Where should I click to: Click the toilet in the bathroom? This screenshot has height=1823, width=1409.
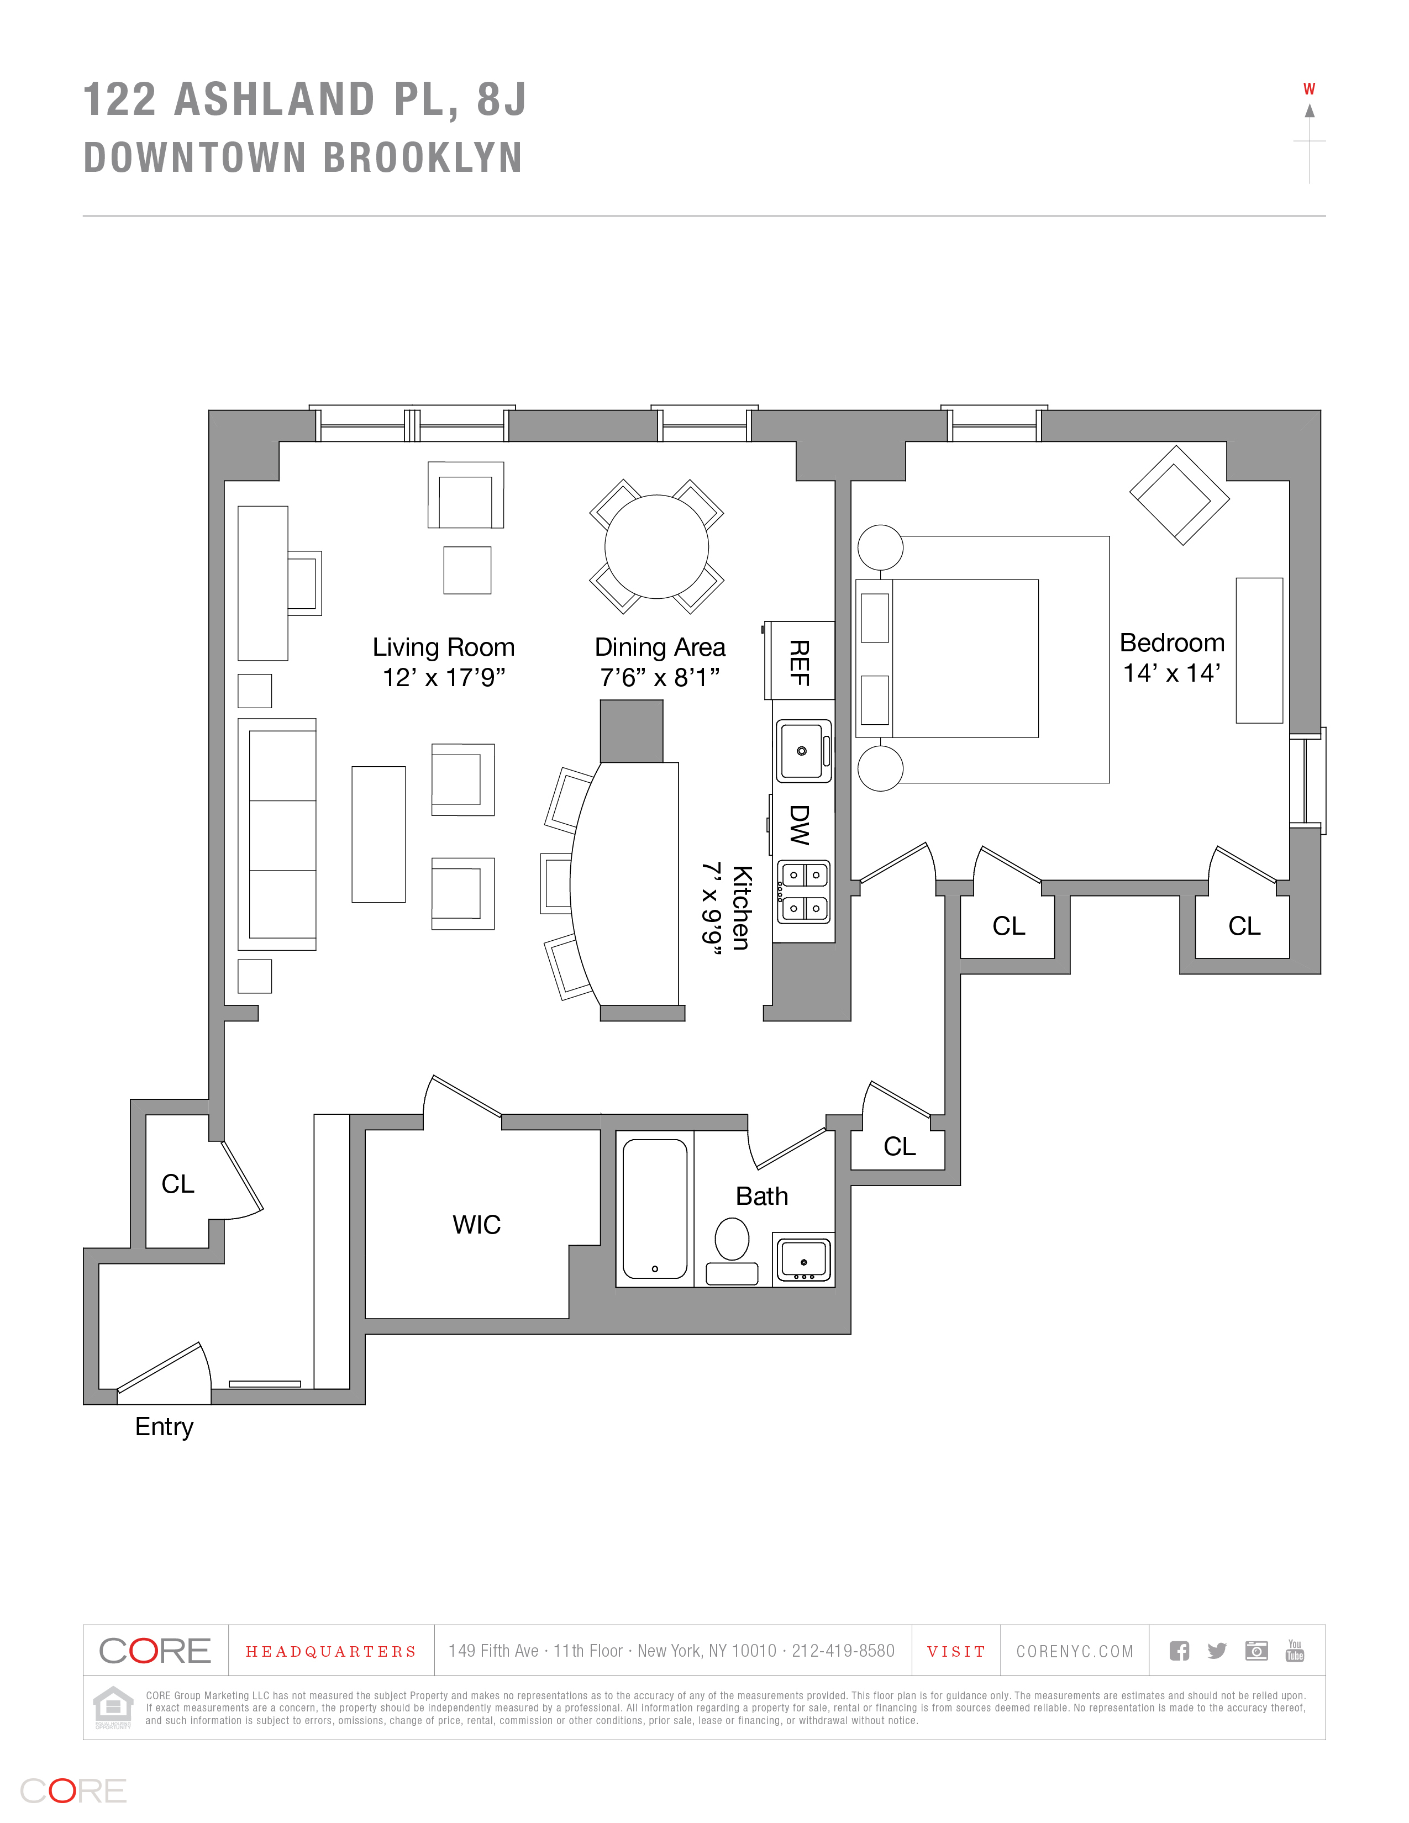732,1239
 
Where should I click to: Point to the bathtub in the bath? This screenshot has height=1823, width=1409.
655,1208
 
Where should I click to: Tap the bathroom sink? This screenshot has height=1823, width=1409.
803,1259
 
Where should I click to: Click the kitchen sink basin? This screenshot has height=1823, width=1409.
802,750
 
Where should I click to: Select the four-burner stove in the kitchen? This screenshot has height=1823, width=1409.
804,892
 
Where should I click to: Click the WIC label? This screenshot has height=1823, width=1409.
477,1225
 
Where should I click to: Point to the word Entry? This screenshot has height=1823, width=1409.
165,1426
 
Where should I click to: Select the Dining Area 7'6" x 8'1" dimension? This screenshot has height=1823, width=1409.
659,677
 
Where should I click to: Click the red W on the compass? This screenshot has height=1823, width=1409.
1309,89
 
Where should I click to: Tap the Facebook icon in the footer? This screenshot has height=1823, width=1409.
1179,1651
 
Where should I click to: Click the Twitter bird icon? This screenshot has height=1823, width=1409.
1217,1651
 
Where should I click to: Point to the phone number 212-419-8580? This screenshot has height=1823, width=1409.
843,1651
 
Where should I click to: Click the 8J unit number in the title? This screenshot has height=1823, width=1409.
502,99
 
